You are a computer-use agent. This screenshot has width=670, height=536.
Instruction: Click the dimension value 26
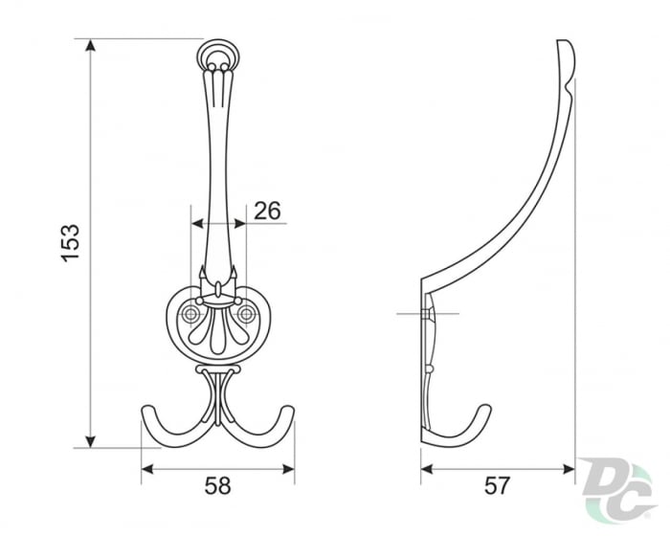point(268,211)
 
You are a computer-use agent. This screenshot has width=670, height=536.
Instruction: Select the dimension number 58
point(218,485)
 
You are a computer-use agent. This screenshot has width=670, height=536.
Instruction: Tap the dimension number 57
point(497,485)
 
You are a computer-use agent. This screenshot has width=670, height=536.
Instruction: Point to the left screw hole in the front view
point(191,313)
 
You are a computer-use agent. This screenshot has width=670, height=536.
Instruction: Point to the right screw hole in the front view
point(247,313)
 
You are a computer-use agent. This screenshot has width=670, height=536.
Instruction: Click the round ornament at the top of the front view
point(219,55)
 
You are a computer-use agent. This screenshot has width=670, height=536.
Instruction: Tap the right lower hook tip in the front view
point(288,412)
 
